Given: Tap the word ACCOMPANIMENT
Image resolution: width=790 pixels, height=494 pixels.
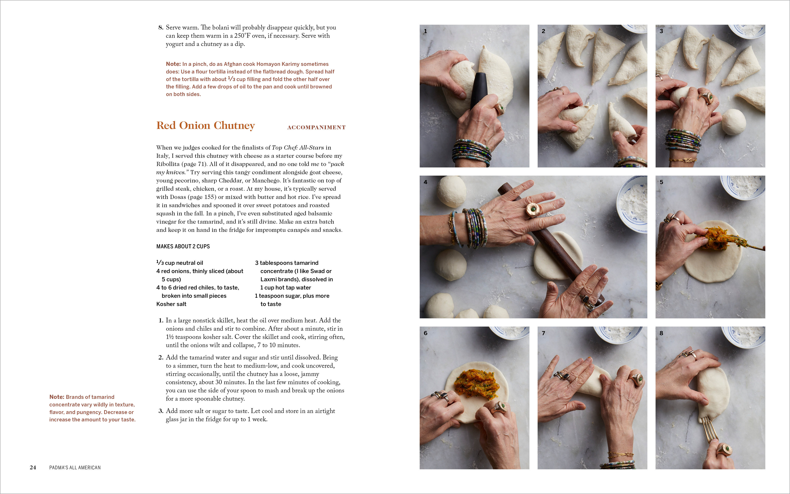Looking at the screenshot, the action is [x=316, y=127].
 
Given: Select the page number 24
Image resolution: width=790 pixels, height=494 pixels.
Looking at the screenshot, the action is [x=33, y=467].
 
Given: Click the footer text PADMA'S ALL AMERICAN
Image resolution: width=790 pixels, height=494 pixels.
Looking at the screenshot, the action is [x=75, y=467].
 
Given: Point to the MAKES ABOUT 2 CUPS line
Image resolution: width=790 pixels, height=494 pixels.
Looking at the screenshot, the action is [x=183, y=246].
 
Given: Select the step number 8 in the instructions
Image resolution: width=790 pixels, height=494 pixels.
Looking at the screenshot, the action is [x=161, y=27].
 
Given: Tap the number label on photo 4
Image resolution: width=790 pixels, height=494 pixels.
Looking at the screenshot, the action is [x=425, y=182].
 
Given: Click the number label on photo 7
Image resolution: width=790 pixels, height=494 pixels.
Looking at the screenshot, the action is [x=543, y=333].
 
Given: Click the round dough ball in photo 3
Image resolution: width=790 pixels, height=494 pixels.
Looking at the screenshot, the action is [x=733, y=121].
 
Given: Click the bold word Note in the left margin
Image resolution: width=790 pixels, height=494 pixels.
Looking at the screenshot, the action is [x=57, y=397].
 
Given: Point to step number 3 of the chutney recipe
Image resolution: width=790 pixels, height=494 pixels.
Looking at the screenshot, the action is [x=161, y=411].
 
